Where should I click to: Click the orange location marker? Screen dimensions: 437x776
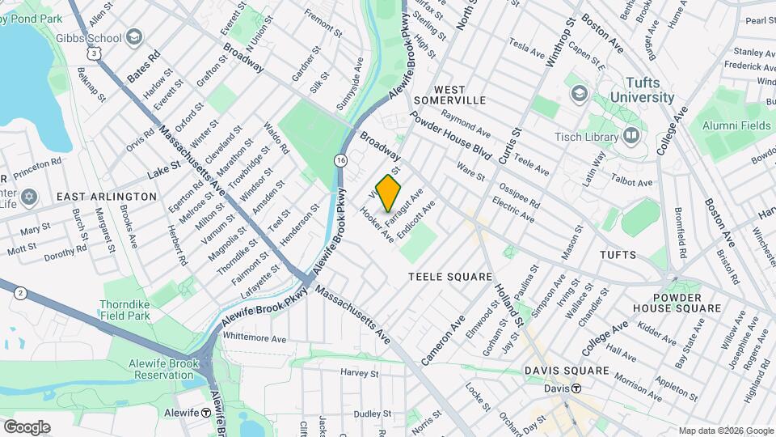click(x=389, y=193)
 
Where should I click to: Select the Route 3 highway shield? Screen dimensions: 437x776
click(x=96, y=53)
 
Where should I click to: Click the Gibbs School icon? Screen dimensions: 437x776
click(x=134, y=37)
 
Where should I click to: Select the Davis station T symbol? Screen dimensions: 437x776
click(x=576, y=388)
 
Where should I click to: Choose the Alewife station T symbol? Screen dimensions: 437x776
click(x=206, y=413)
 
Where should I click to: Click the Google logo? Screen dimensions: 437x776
click(x=27, y=426)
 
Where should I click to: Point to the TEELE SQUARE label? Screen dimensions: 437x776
click(x=450, y=277)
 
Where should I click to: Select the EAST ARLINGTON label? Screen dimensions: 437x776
click(x=107, y=197)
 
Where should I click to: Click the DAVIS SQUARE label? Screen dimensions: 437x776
click(x=566, y=371)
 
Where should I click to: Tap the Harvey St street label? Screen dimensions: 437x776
click(x=360, y=374)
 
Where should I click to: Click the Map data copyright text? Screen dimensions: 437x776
click(x=725, y=431)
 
